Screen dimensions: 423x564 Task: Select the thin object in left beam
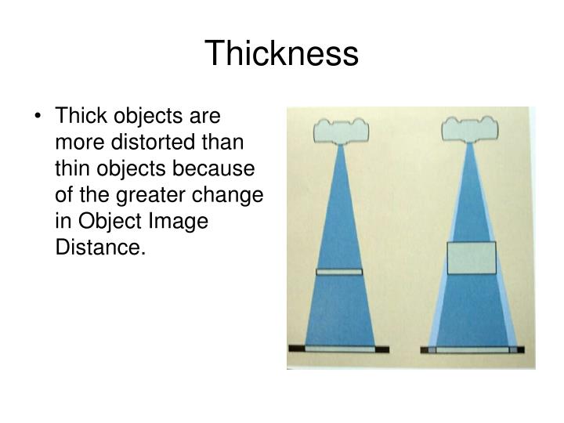click(x=339, y=272)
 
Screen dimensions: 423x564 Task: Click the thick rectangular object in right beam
click(x=472, y=258)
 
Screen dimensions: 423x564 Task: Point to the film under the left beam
click(x=339, y=348)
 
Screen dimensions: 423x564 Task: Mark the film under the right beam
click(x=472, y=348)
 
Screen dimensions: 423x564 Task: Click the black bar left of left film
click(x=298, y=348)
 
